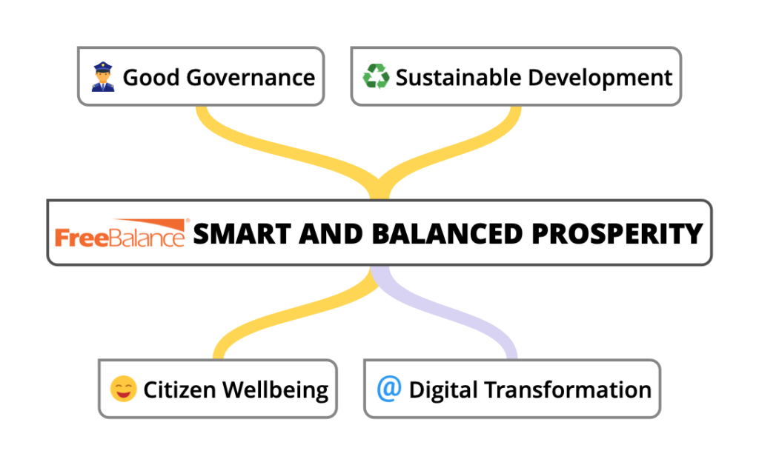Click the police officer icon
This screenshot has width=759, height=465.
point(103,77)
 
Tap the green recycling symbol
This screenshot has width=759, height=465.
point(376,76)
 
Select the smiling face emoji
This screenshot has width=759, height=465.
point(124,389)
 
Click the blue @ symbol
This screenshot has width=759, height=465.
point(389,388)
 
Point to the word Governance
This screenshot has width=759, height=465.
point(251,77)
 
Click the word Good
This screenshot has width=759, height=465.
point(151,77)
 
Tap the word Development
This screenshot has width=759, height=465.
point(600,77)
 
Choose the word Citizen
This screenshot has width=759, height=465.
point(179,389)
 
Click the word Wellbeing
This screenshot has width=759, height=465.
point(276,390)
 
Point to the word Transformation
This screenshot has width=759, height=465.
point(568,389)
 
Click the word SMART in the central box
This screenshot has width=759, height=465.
point(242,234)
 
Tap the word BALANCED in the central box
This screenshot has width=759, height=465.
point(447,234)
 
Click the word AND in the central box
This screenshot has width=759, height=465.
point(331,234)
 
